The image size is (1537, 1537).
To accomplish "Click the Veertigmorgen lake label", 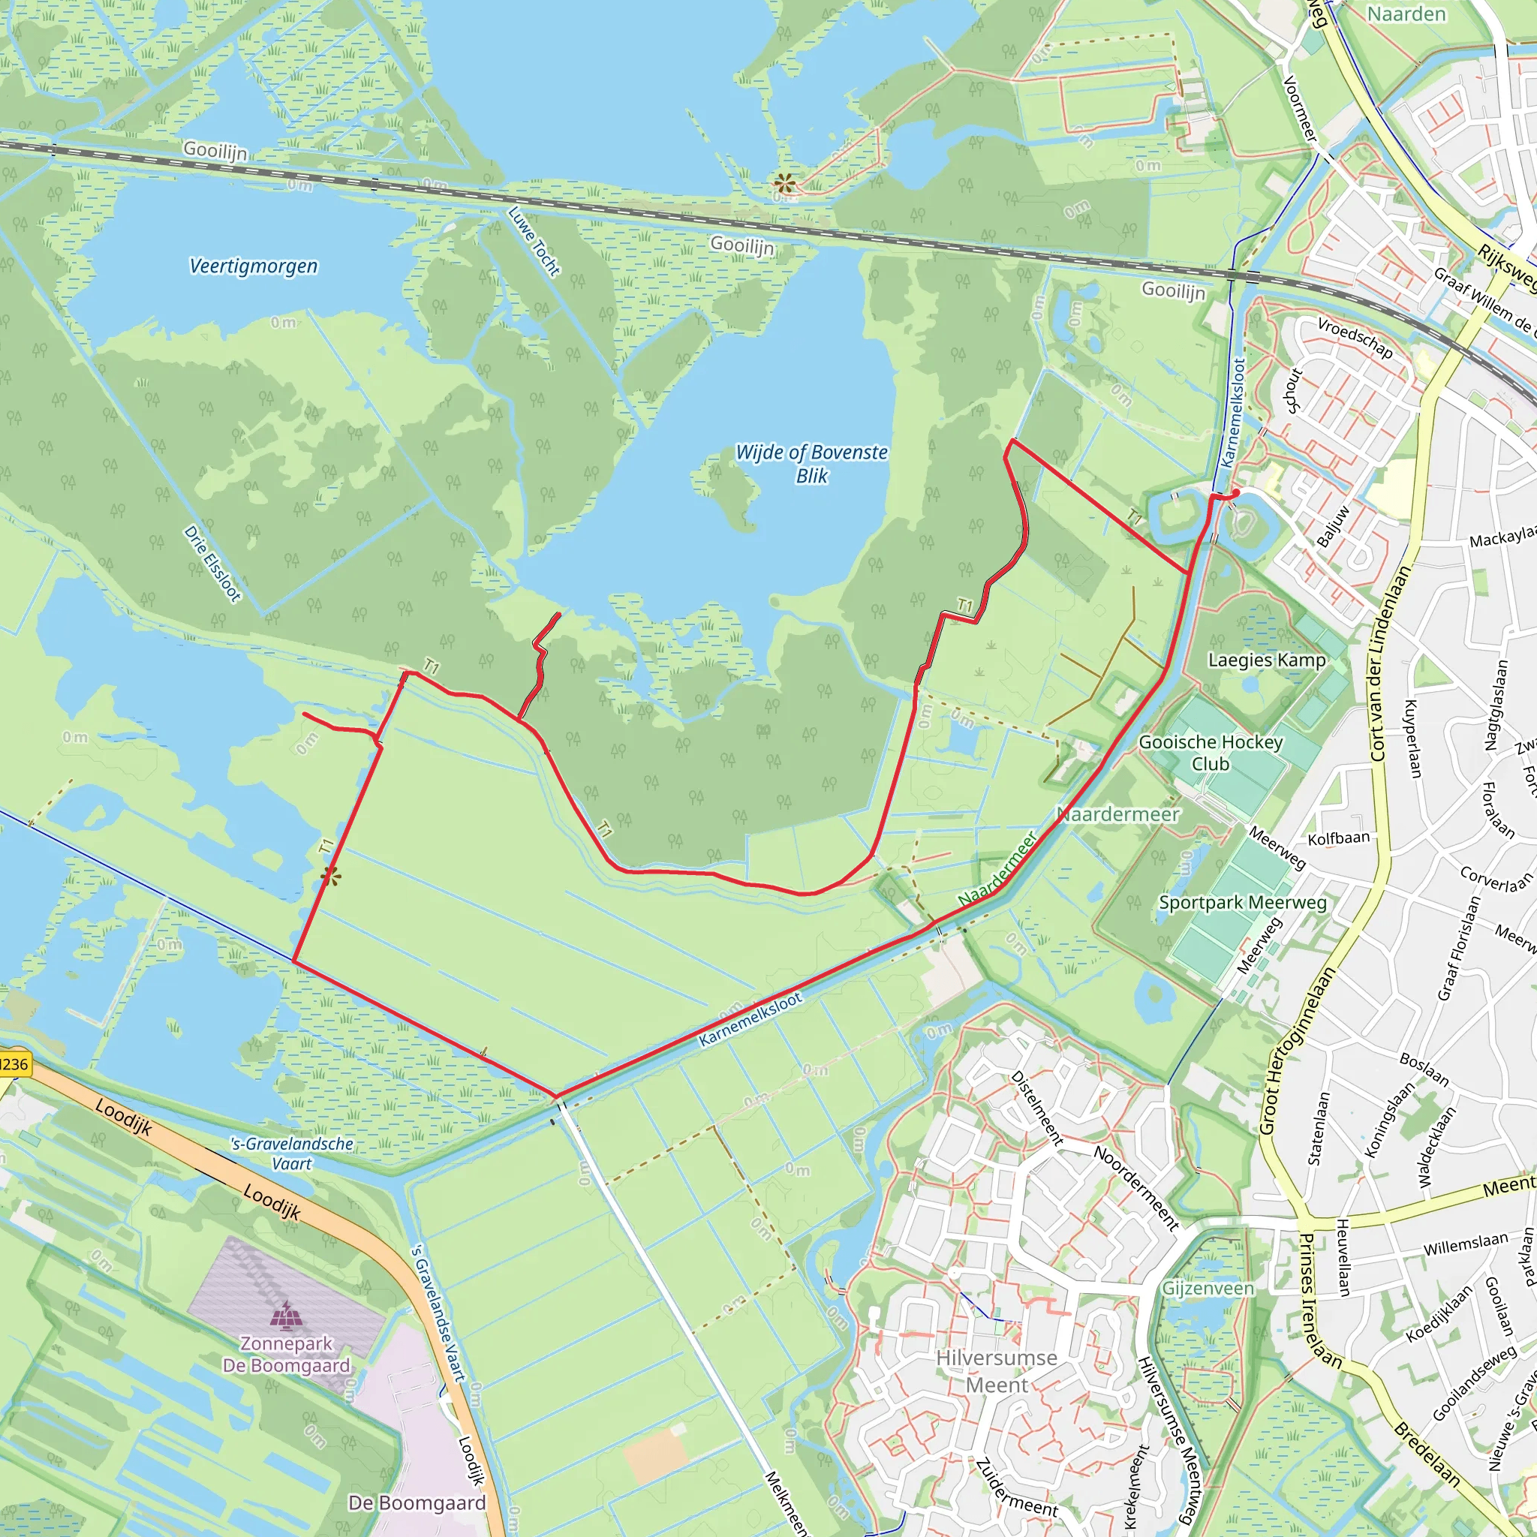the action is click(253, 266).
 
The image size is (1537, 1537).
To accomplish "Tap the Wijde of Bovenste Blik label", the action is click(811, 463).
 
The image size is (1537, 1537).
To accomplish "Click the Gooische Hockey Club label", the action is click(1210, 753).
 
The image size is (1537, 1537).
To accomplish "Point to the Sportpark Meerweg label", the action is click(1243, 902).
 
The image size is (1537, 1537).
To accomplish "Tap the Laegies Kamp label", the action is click(1267, 660).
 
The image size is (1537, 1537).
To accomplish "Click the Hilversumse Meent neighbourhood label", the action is click(996, 1372).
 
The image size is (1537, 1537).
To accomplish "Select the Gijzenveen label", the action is click(1208, 1288).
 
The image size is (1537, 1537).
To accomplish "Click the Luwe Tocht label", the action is click(534, 241).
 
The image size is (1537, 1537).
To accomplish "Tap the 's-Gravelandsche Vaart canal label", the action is click(292, 1154).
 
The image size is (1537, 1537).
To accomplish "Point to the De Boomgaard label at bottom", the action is click(417, 1502).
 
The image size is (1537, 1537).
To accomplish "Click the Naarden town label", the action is click(1406, 14).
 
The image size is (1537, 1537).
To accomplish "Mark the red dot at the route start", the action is click(1235, 494).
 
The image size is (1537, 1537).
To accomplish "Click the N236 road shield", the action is click(14, 1064).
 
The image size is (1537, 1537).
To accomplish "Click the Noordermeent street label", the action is click(1136, 1189).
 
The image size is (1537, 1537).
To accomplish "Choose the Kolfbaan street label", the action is click(1339, 838).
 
